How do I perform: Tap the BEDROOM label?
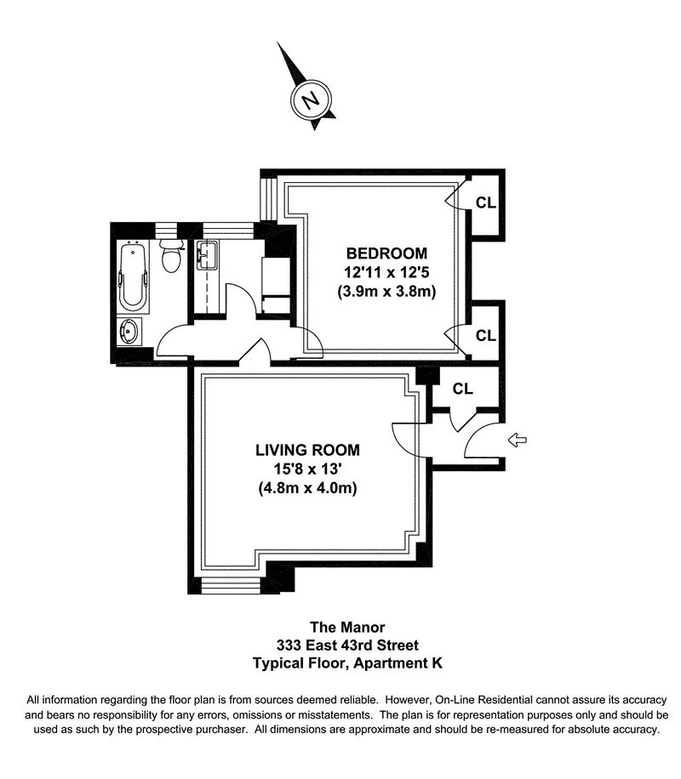tap(386, 253)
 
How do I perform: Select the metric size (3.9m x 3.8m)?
tap(386, 292)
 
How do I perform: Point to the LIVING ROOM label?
tap(307, 450)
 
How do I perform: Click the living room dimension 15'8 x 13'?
tap(307, 469)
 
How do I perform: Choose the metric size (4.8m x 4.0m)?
tap(307, 489)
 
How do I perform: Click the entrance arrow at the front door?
tap(517, 440)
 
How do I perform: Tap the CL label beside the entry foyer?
tap(462, 389)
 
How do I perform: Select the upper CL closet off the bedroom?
tap(485, 203)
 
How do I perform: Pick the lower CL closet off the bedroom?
tap(485, 336)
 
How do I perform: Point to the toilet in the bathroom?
tap(172, 255)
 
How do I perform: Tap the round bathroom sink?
tap(131, 333)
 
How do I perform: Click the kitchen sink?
tap(206, 253)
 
